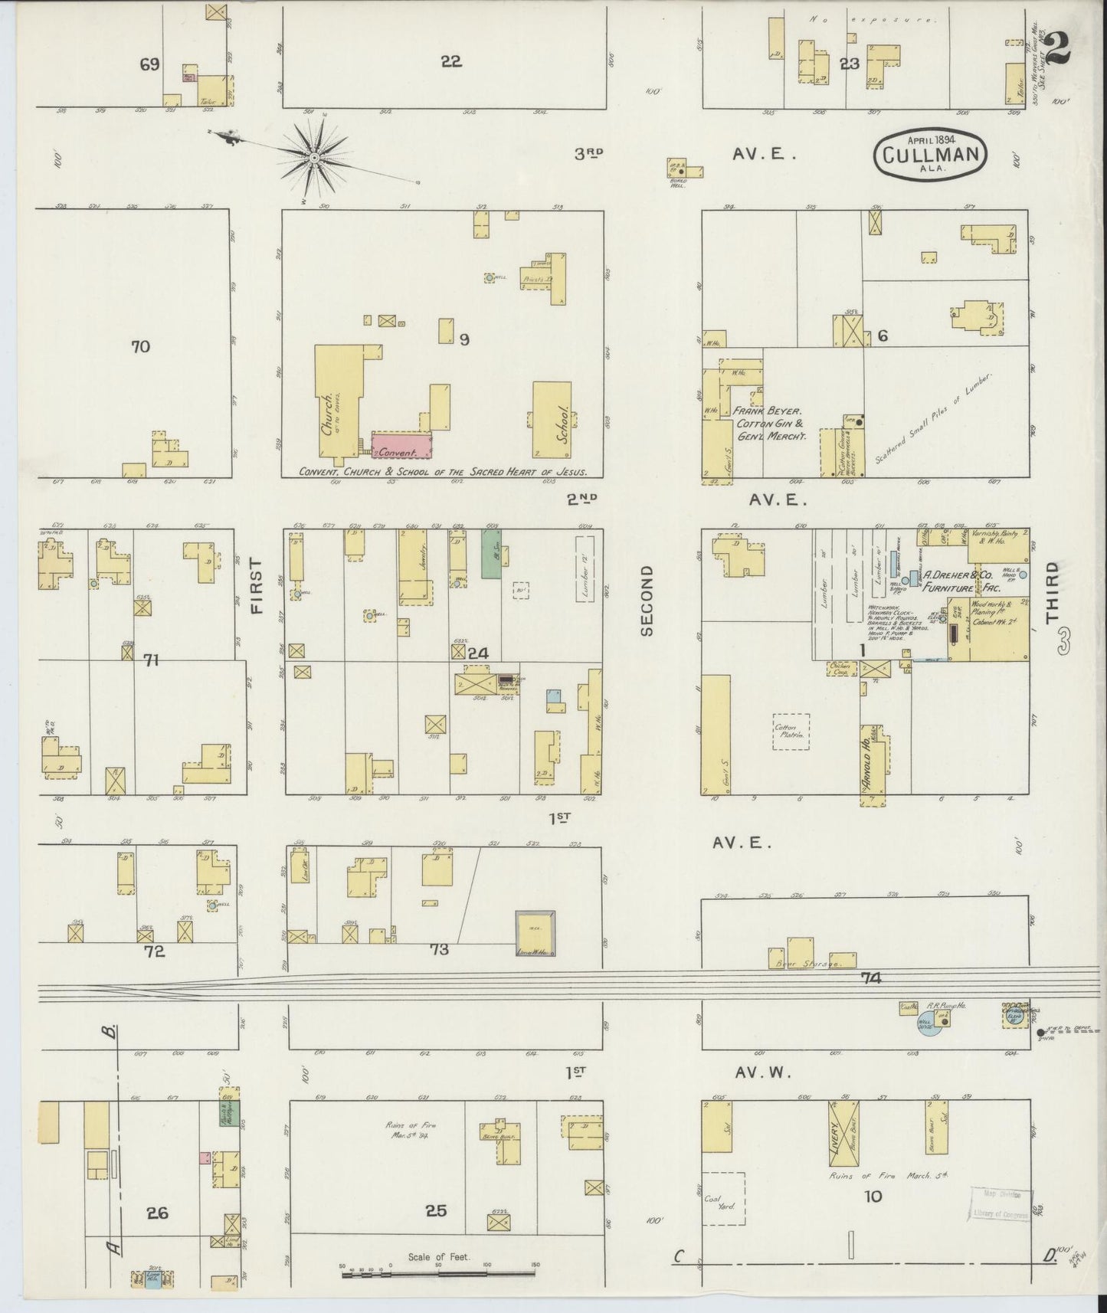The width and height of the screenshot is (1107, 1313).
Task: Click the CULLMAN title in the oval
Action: pos(931,155)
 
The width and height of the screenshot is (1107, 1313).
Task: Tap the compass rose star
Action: pos(314,159)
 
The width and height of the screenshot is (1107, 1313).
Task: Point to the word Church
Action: pos(328,415)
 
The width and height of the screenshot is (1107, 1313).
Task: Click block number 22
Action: pos(451,62)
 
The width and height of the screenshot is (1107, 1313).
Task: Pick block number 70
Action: pos(140,347)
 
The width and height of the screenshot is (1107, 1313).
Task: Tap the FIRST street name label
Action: pos(256,585)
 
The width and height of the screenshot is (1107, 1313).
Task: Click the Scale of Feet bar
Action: pos(440,1274)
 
